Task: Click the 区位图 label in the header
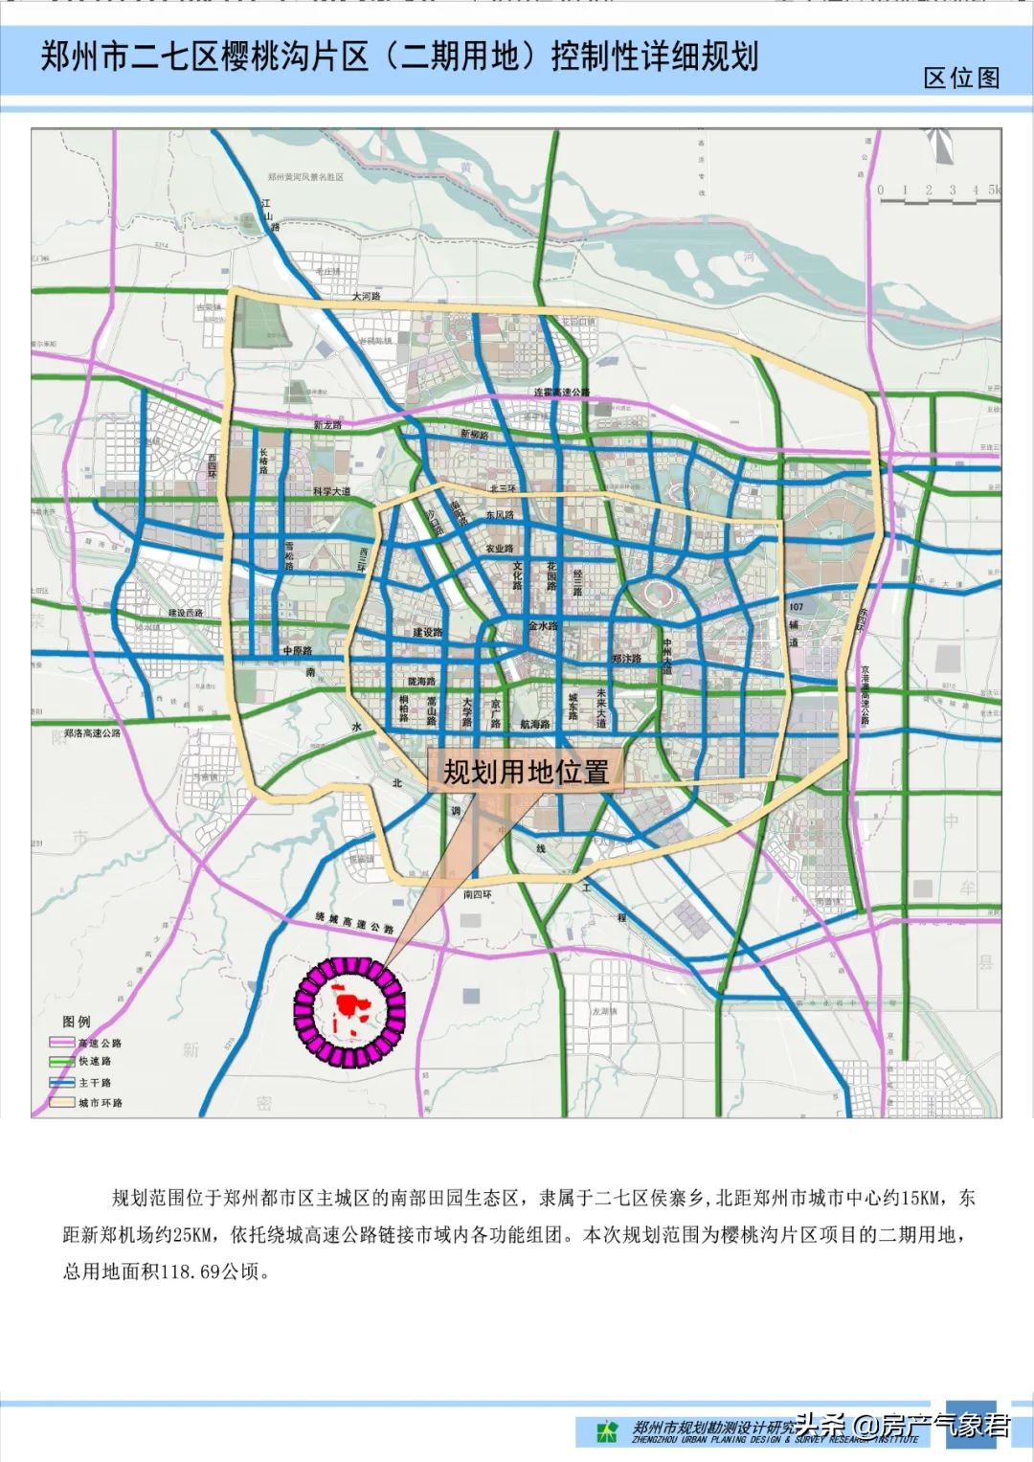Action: [x=961, y=78]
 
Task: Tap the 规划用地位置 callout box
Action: [x=526, y=771]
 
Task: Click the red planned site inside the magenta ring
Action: [x=351, y=1007]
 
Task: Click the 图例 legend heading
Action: [x=77, y=1022]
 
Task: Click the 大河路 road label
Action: [x=366, y=297]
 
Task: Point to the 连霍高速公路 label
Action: [x=562, y=393]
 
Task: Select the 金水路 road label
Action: [x=543, y=626]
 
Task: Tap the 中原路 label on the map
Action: [x=298, y=651]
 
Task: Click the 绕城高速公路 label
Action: [x=354, y=923]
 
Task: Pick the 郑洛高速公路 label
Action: [x=93, y=733]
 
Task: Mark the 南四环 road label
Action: [x=477, y=895]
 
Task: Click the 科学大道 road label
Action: [x=331, y=491]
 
